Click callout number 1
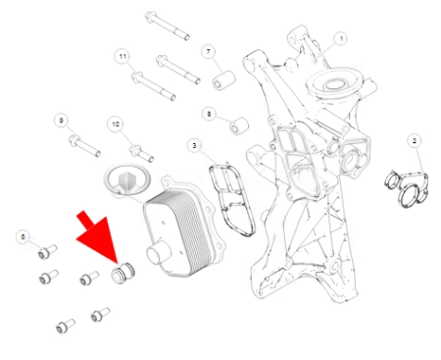coord(341,39)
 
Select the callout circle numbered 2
coord(415,141)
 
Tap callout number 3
coord(195,145)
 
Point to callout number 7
coord(209,51)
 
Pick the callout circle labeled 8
coord(209,114)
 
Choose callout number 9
coord(61,121)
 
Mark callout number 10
coord(116,125)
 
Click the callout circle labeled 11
coord(122,56)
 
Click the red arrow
coord(98,236)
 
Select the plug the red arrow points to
coord(122,272)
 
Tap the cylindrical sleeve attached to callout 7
coord(224,80)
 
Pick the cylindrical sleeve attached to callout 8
coord(239,126)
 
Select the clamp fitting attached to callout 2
coord(408,188)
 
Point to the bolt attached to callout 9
coord(84,146)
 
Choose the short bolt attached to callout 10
coord(142,153)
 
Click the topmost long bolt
coord(168,26)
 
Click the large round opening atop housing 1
coord(333,84)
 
